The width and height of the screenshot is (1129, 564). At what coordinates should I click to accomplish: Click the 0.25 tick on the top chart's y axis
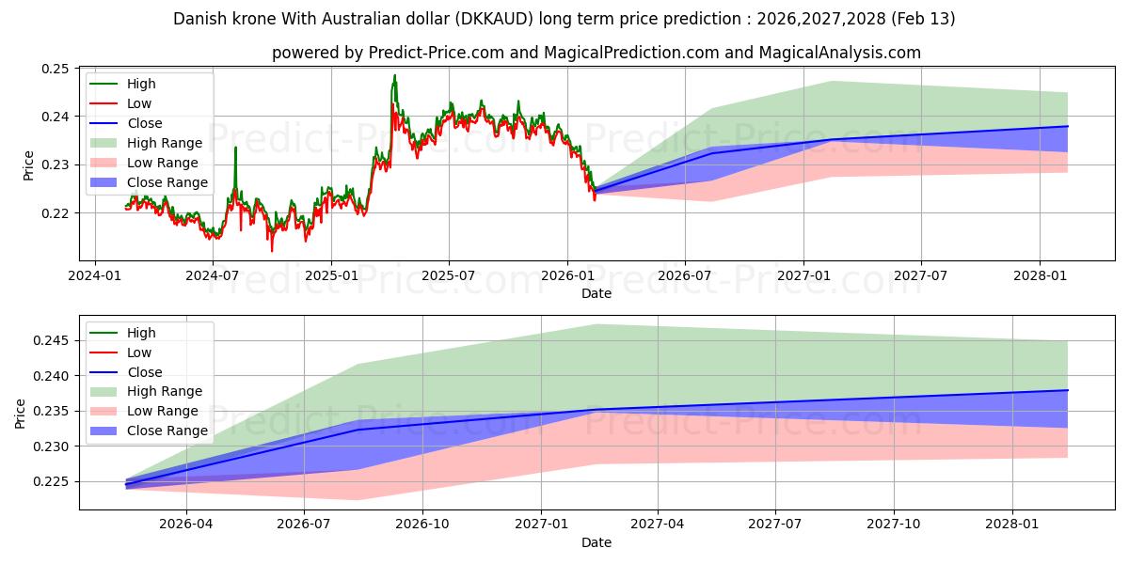pos(56,69)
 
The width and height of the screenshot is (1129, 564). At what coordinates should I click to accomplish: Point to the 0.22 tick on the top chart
pos(56,212)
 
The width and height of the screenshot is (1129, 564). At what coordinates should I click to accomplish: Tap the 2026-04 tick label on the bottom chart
pos(186,523)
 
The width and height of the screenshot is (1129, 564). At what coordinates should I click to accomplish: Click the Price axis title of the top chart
pos(28,164)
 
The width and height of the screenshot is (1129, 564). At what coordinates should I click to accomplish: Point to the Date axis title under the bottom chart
pos(596,542)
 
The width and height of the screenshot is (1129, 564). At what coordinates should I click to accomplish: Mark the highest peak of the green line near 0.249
pos(394,75)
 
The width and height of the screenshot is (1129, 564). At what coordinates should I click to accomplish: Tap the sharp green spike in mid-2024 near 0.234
pos(235,148)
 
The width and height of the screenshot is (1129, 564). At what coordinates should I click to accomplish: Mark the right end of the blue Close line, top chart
pos(1068,126)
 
